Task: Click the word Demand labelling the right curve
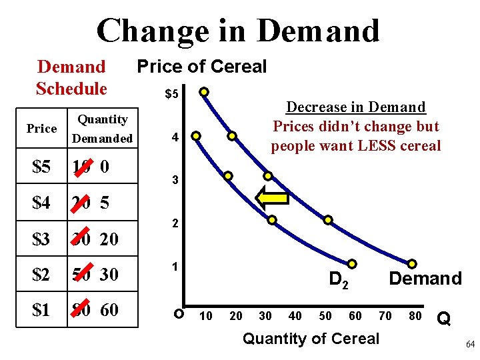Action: [425, 279]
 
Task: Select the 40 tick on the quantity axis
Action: [294, 316]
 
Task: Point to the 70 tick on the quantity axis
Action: [385, 316]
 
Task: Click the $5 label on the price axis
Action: [171, 94]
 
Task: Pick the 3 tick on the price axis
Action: [174, 181]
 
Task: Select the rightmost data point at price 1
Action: [413, 265]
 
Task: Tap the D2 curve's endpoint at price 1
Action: [351, 265]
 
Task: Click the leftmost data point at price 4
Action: [196, 136]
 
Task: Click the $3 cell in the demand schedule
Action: [42, 239]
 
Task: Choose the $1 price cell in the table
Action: [42, 309]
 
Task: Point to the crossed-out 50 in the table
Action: [82, 274]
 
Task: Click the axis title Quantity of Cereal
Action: [311, 339]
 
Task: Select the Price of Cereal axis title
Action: [201, 67]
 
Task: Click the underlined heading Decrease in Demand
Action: [355, 107]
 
